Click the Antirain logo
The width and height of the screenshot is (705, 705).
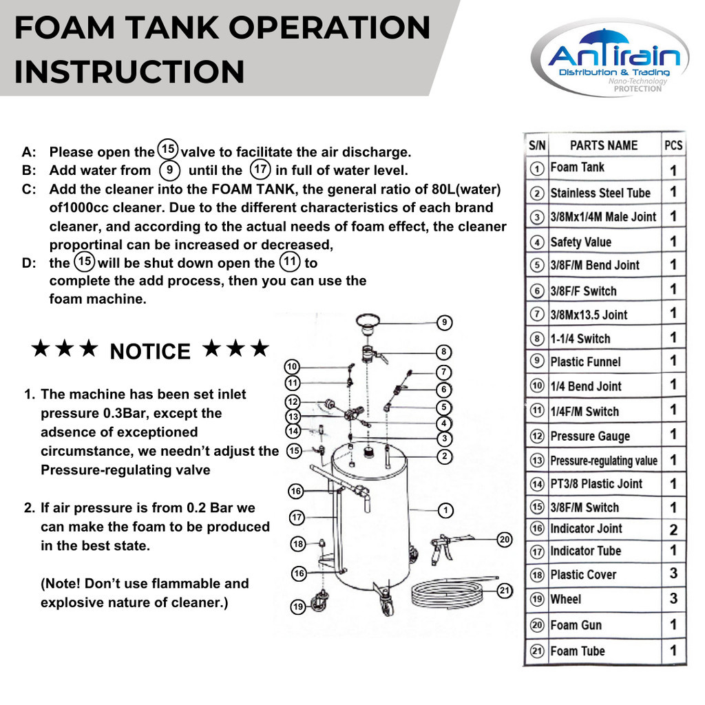pyautogui.click(x=610, y=58)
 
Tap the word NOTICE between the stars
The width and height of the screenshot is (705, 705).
pyautogui.click(x=150, y=352)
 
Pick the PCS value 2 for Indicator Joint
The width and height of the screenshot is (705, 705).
pyautogui.click(x=673, y=529)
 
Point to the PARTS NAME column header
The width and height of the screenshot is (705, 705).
pyautogui.click(x=604, y=145)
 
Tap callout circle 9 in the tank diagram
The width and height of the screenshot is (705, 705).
pyautogui.click(x=444, y=322)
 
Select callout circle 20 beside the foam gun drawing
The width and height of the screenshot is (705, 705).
pyautogui.click(x=505, y=540)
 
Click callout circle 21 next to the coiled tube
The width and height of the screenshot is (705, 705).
pyautogui.click(x=505, y=591)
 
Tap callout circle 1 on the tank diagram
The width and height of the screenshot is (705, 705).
pyautogui.click(x=445, y=510)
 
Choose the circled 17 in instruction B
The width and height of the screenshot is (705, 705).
pyautogui.click(x=260, y=169)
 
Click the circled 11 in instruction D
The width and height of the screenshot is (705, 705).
pyautogui.click(x=290, y=262)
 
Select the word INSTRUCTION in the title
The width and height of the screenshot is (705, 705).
pyautogui.click(x=129, y=72)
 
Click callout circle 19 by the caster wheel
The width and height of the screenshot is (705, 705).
pyautogui.click(x=298, y=607)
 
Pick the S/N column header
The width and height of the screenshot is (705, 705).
pyautogui.click(x=537, y=145)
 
